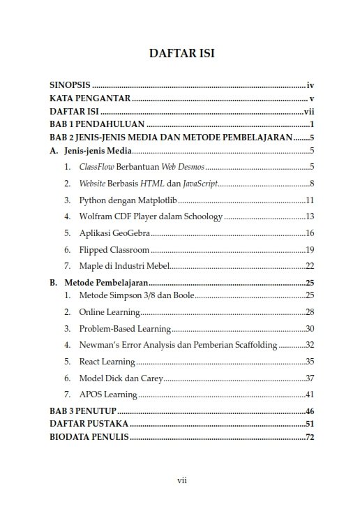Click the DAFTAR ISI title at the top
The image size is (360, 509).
point(181,54)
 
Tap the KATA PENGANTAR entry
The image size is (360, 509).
point(90,98)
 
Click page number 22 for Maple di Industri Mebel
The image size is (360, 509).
point(310,266)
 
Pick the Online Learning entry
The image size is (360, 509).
point(108,311)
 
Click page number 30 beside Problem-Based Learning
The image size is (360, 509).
point(310,328)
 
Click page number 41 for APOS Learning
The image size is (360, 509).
point(310,394)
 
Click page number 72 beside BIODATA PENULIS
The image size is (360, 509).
point(310,438)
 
